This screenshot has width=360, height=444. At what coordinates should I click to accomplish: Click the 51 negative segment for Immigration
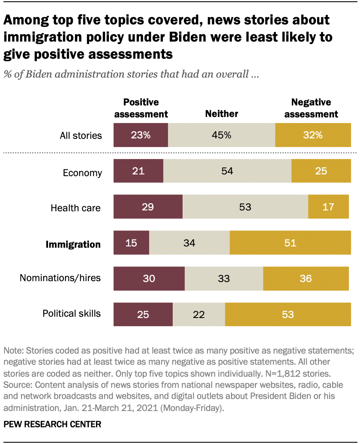point(290,243)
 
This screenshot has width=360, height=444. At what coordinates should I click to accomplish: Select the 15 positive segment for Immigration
point(131,243)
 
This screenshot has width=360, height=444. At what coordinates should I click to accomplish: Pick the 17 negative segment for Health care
point(328,207)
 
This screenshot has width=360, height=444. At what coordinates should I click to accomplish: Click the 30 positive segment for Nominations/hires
point(149,279)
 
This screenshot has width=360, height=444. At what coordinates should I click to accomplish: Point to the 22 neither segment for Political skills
point(199,314)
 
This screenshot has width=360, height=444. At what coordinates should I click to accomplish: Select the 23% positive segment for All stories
point(141,135)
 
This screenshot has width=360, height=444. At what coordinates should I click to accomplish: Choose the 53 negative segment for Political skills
point(288,314)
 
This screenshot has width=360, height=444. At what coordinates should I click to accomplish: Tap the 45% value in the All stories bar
point(222,135)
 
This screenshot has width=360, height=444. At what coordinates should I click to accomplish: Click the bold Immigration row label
point(73,244)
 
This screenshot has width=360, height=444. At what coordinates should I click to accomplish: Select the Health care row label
point(75,208)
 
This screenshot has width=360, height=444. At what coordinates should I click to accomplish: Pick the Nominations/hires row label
point(60,278)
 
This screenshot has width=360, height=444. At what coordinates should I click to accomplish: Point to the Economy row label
point(82,173)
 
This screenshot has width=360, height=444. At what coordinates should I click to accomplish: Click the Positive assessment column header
point(141,108)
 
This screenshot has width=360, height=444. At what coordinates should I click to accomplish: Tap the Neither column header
point(222,114)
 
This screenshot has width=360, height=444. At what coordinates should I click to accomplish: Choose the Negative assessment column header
point(311,108)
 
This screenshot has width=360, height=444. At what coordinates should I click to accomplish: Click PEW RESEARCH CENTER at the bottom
point(52,424)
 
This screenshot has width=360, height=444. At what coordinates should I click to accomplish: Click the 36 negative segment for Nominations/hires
point(306,279)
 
